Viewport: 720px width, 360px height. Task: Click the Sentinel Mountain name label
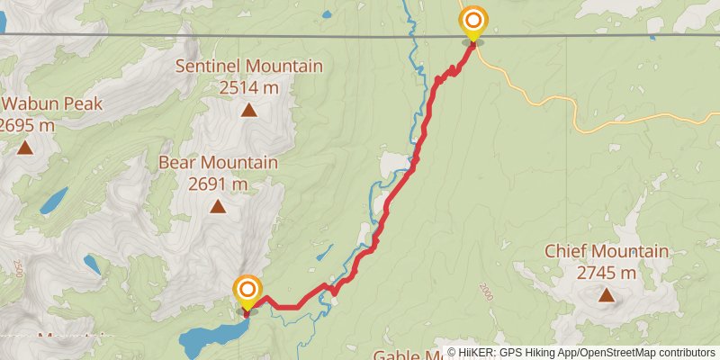[248, 67]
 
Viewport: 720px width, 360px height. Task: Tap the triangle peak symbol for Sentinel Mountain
[247, 111]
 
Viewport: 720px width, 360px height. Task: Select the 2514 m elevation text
[248, 87]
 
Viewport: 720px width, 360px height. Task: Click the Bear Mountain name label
[218, 163]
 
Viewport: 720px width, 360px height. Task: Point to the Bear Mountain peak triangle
[218, 206]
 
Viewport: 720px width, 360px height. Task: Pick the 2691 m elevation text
[218, 184]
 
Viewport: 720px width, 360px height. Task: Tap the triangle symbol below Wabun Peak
[24, 148]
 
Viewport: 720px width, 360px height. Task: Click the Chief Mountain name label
[607, 251]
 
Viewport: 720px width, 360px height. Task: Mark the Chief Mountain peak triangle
[607, 294]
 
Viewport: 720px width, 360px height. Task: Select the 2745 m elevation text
[607, 272]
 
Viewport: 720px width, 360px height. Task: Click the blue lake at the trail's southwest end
[211, 338]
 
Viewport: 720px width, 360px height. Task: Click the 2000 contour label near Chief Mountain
[487, 292]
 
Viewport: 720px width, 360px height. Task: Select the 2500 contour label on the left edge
[18, 268]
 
